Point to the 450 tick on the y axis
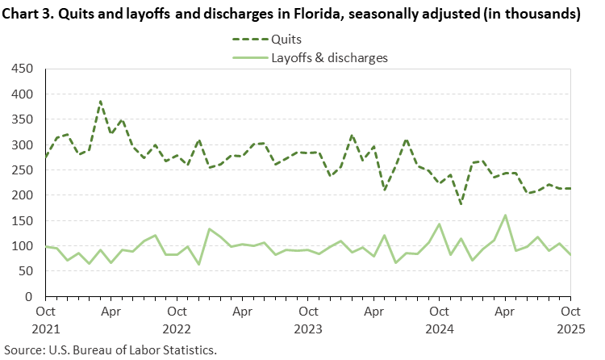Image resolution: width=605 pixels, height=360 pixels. (x=21, y=69)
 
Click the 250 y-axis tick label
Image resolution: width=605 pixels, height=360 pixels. (x=21, y=170)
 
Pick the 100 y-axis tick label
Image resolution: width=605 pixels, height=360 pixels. (x=21, y=246)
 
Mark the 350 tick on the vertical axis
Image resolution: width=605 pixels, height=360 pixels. (x=21, y=120)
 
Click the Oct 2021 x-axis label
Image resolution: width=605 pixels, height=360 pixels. (x=45, y=317)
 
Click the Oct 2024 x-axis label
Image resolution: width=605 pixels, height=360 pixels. (x=439, y=317)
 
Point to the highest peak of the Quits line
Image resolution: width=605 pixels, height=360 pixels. (x=100, y=102)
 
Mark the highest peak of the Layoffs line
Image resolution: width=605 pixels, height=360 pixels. (x=505, y=216)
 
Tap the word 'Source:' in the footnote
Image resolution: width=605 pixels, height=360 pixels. (x=24, y=350)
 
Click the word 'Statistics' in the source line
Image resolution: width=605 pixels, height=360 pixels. (x=190, y=350)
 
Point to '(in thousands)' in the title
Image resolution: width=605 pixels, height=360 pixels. (x=536, y=15)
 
